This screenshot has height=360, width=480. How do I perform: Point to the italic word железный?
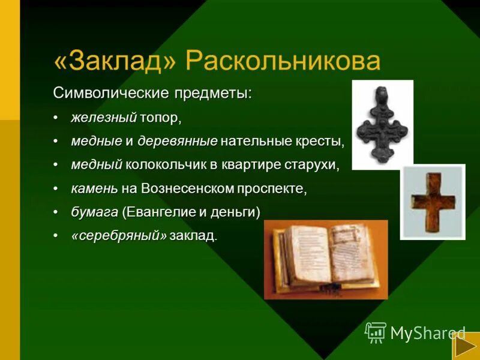tap(104, 118)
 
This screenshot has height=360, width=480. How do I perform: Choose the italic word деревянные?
tap(178, 142)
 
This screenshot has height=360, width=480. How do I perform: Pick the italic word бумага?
tap(94, 212)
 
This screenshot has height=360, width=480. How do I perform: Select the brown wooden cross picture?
tap(433, 202)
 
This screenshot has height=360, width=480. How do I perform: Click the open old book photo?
tap(326, 259)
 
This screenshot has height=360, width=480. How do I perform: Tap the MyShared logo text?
tap(427, 333)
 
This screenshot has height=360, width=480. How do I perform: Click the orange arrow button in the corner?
tap(465, 347)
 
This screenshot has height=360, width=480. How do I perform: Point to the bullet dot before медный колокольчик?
tap(56, 165)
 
